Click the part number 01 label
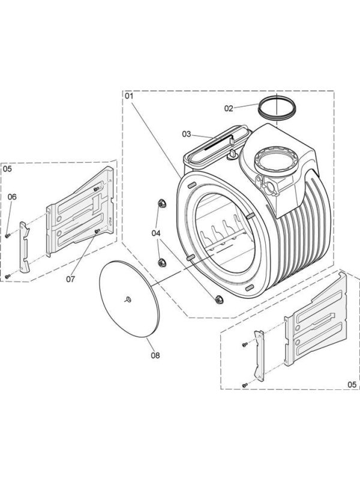[129, 95]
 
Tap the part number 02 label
[229, 109]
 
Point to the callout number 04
[156, 232]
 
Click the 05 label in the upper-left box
[7, 169]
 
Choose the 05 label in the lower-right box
[352, 384]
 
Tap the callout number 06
[11, 196]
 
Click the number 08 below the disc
[155, 355]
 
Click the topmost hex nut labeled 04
[161, 205]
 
